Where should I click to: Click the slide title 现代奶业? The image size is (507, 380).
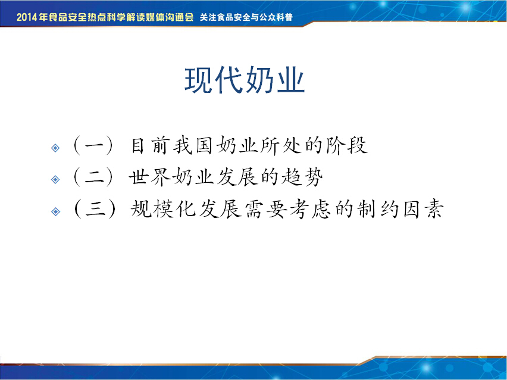point(245,80)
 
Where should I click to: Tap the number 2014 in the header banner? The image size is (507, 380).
point(27,17)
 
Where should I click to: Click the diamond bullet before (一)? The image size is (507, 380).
point(55,148)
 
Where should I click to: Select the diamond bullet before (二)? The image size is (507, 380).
point(55,179)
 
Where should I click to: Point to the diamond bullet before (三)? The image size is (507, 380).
point(55,211)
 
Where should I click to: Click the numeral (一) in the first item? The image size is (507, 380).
point(94,146)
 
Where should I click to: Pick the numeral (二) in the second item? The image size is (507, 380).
point(94,177)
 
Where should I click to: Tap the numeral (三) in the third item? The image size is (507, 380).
point(94,209)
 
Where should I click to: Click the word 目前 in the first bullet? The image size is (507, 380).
point(151,146)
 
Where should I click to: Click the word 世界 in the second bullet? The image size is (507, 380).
point(150,177)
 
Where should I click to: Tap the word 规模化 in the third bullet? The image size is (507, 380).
point(163,209)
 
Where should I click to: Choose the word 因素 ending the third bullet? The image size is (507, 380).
point(423,209)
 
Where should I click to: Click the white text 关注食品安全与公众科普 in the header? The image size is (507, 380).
point(246,17)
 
